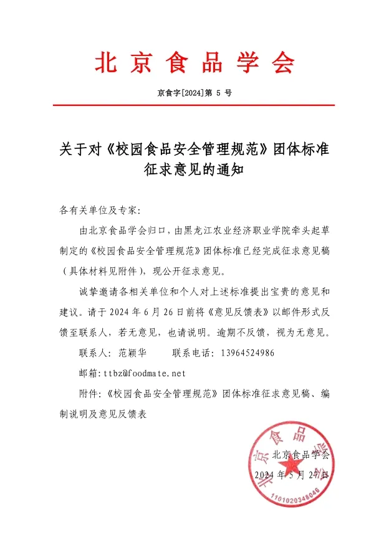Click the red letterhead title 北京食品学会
pos(194,62)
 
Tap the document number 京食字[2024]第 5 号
pos(194,93)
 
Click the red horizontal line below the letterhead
pos(194,105)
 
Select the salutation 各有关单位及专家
pos(99,209)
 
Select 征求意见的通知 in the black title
pos(194,172)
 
